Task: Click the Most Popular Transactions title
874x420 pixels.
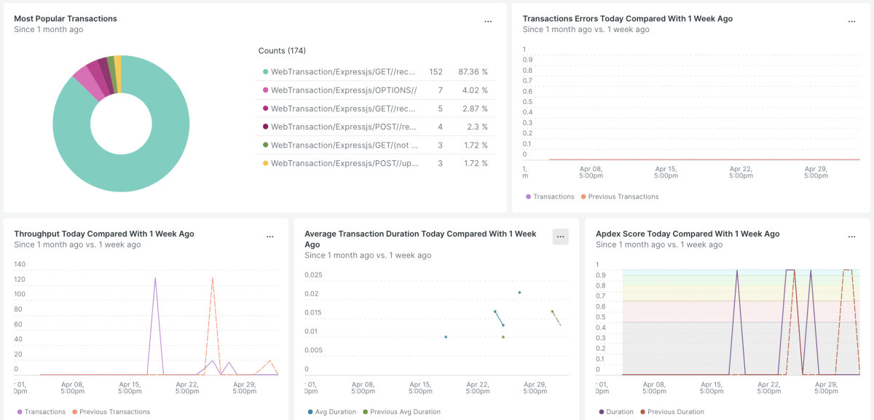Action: point(66,19)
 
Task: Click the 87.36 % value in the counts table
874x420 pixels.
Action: point(473,72)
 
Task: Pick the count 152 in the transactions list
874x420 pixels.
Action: point(436,72)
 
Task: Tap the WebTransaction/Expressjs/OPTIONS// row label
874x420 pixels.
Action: point(343,90)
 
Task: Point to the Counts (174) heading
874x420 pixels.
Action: point(282,51)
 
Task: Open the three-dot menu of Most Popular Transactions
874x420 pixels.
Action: point(488,21)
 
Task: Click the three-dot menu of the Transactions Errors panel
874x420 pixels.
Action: point(851,21)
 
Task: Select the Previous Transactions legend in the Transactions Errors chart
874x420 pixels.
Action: point(623,197)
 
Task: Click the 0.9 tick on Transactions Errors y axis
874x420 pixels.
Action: point(528,60)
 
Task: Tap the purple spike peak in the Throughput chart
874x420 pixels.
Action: point(155,277)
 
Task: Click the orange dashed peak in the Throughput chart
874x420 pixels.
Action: point(213,277)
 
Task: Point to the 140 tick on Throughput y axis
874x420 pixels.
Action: point(20,265)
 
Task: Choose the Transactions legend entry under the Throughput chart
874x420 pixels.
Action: point(44,412)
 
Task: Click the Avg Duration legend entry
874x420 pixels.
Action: point(336,412)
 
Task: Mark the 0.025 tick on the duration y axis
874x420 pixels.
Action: point(313,275)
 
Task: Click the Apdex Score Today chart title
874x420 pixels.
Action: point(688,234)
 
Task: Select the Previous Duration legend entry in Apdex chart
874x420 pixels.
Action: point(675,412)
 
